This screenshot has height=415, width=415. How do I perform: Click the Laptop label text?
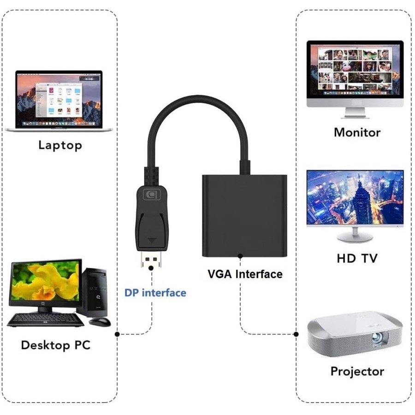pos(60,146)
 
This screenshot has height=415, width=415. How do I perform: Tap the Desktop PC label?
pos(56,345)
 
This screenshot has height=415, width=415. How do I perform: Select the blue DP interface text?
pos(155,292)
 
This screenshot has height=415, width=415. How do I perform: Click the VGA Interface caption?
pos(245,274)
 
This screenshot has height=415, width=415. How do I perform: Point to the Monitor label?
pos(357,133)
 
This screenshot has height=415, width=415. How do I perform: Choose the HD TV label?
pos(357,259)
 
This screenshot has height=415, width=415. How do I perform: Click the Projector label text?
pos(357,371)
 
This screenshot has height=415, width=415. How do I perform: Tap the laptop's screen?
pos(59,99)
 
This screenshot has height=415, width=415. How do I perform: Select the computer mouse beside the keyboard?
pos(100,321)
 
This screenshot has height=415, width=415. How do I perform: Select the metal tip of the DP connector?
pos(151,261)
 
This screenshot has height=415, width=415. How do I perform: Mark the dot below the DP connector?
pos(151,281)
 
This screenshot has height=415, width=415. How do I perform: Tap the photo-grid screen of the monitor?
pos(355,69)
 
